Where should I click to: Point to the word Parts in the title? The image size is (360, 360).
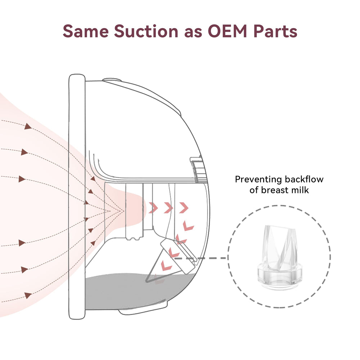pyautogui.click(x=275, y=31)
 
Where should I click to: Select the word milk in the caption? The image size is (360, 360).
pyautogui.click(x=301, y=190)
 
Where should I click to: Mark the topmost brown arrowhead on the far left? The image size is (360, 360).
pyautogui.click(x=27, y=126)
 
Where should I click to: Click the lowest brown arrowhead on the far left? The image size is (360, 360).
pyautogui.click(x=27, y=296)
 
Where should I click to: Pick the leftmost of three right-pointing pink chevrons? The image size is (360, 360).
pyautogui.click(x=153, y=208)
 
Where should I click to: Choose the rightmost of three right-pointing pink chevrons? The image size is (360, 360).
pyautogui.click(x=184, y=208)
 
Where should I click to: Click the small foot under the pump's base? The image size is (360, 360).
pyautogui.click(x=144, y=309)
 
